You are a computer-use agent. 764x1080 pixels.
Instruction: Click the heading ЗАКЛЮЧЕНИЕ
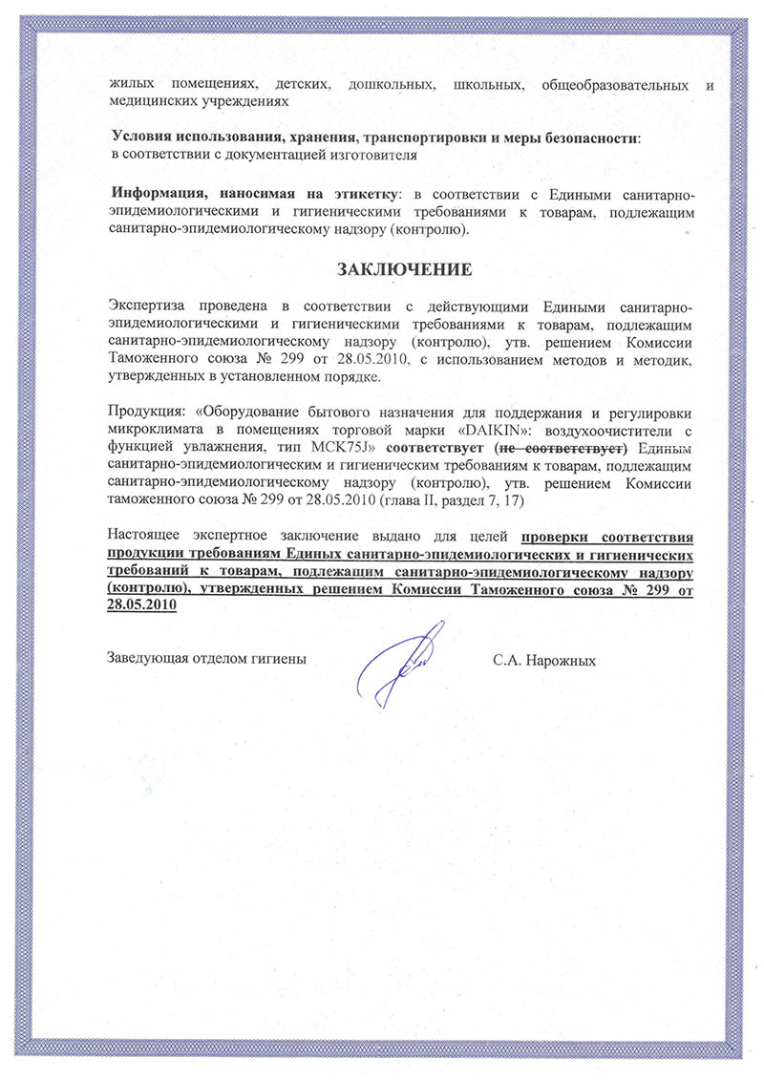[408, 269]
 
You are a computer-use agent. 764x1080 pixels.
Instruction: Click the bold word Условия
[140, 138]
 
